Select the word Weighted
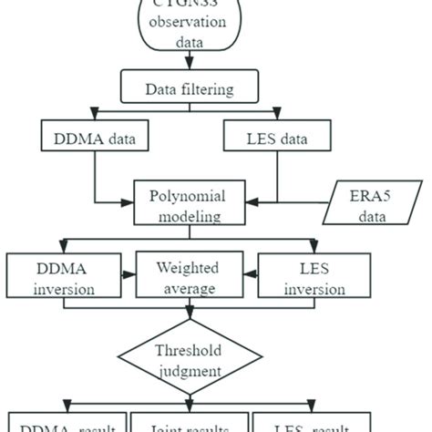(x=188, y=269)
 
